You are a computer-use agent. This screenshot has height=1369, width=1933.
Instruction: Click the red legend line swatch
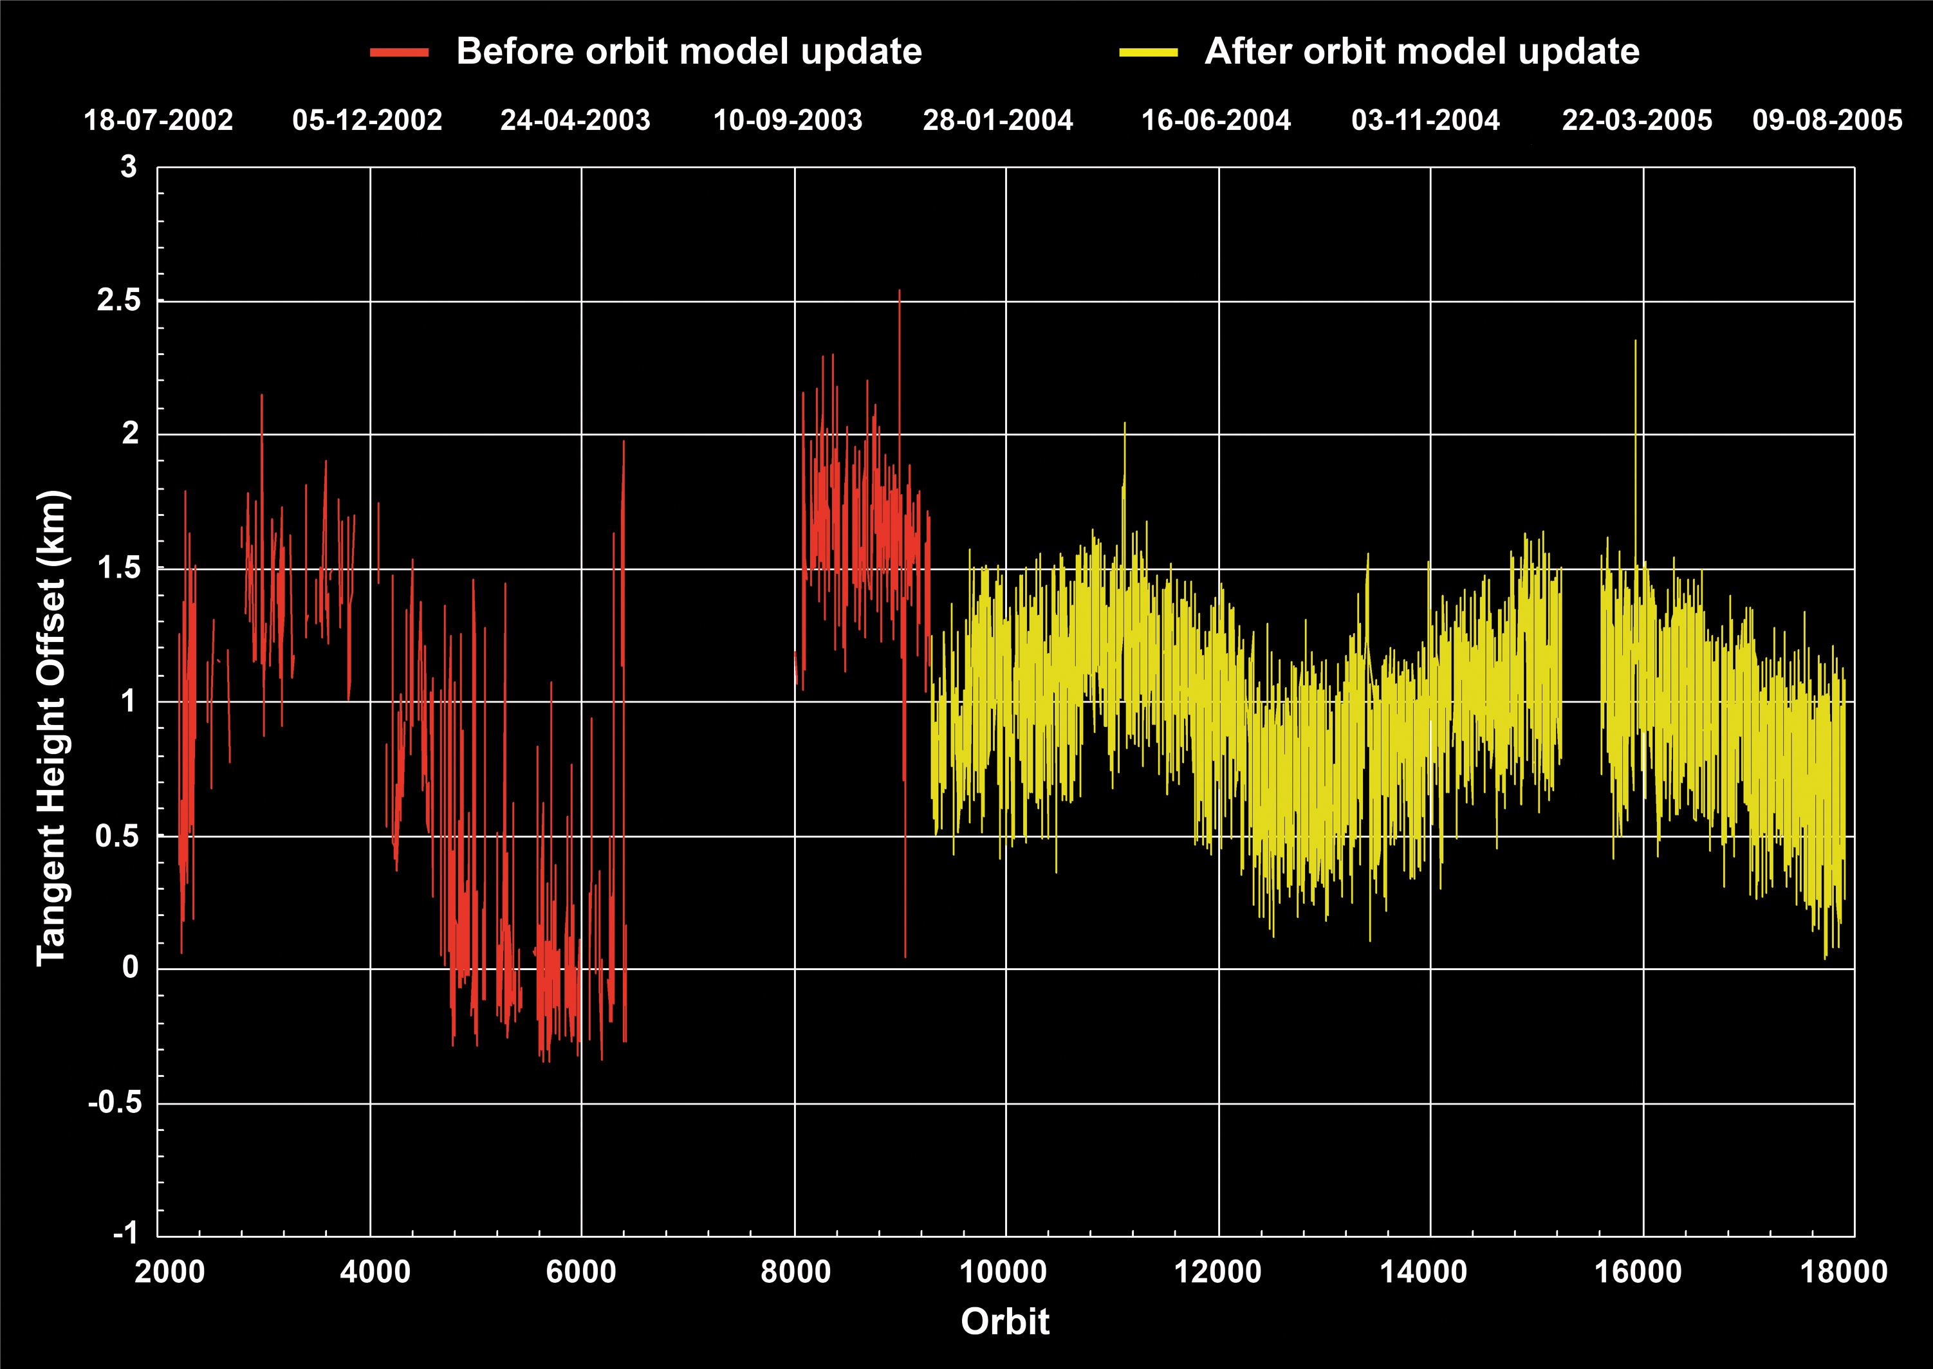point(399,52)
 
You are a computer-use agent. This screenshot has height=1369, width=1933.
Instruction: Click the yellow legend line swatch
point(1148,52)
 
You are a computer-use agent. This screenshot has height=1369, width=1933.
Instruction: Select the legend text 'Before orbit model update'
point(689,51)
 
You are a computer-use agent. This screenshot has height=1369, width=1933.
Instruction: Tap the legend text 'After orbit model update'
point(1422,51)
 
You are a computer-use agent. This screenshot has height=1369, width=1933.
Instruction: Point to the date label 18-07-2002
point(158,120)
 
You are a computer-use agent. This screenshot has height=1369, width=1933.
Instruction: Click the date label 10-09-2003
point(788,120)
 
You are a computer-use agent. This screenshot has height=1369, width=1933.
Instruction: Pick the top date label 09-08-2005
point(1827,120)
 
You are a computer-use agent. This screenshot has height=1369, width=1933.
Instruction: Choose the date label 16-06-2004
point(1216,120)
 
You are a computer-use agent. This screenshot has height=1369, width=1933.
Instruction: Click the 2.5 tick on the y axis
point(119,300)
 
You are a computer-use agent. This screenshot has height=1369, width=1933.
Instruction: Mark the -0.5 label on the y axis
point(115,1102)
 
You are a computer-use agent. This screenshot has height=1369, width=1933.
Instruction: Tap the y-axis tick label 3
point(128,167)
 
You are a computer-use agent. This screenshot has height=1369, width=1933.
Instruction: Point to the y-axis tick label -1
point(125,1233)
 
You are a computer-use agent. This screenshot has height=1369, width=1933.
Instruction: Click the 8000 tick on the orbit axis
point(795,1271)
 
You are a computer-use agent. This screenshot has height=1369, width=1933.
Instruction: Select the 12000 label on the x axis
point(1217,1271)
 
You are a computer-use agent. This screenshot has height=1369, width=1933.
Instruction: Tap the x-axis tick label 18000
point(1844,1271)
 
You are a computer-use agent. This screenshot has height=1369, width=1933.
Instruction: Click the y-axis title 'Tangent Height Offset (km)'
point(51,727)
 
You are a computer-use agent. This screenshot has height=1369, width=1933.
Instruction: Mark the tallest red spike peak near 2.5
point(900,291)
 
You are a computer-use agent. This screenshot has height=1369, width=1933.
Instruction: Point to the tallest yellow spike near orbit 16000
point(1636,342)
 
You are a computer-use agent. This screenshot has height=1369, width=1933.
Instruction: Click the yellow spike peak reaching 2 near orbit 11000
point(1125,423)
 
